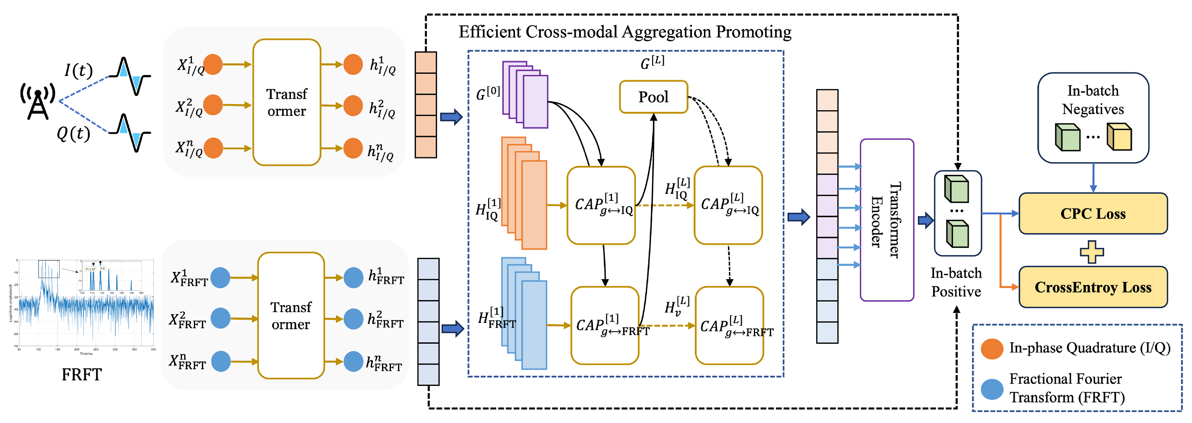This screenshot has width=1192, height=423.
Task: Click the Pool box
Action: pyautogui.click(x=653, y=97)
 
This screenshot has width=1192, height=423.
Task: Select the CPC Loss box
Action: pyautogui.click(x=1093, y=213)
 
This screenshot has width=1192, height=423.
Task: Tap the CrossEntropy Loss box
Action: pyautogui.click(x=1093, y=287)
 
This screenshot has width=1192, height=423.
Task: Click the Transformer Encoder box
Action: pyautogui.click(x=886, y=220)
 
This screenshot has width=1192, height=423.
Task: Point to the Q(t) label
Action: pyautogui.click(x=73, y=134)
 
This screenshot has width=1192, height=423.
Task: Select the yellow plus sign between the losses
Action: pyautogui.click(x=1092, y=252)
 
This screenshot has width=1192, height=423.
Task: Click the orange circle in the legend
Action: pyautogui.click(x=992, y=349)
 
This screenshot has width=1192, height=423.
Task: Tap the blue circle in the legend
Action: pyautogui.click(x=992, y=389)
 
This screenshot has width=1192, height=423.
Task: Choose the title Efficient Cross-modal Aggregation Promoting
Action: pyautogui.click(x=624, y=32)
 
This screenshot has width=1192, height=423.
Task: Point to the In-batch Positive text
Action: pyautogui.click(x=956, y=282)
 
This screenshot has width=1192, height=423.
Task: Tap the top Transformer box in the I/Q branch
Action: pyautogui.click(x=286, y=102)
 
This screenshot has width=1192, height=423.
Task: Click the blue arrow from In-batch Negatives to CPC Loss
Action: pyautogui.click(x=1093, y=178)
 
